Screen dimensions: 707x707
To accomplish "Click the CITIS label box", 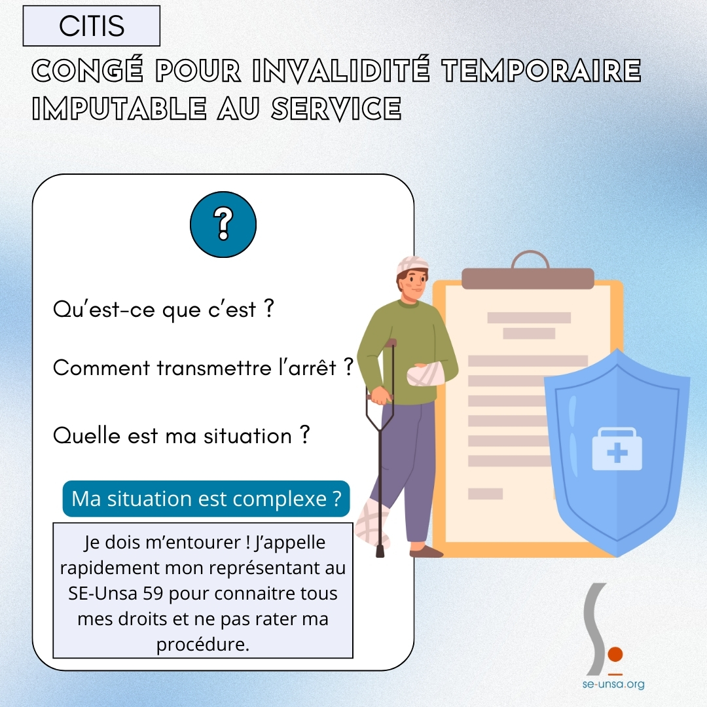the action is click(x=92, y=26).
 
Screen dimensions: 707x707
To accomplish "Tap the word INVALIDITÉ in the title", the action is click(x=341, y=70).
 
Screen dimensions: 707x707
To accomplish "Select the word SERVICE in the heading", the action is click(x=336, y=109).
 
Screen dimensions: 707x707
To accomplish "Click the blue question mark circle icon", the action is click(x=223, y=225).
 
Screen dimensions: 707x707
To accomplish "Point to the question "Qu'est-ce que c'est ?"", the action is click(x=163, y=310).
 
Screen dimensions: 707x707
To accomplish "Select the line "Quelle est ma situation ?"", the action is click(x=181, y=435).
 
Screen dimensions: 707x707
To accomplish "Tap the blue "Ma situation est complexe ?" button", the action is click(x=206, y=499).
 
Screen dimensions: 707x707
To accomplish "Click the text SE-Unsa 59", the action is click(x=115, y=593).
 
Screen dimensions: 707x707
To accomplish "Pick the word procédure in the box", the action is click(x=202, y=645).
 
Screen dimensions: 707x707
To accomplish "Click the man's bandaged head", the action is click(x=412, y=265).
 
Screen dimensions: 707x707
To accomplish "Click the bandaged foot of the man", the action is click(x=372, y=523).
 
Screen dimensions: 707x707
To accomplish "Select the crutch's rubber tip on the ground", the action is click(x=380, y=552).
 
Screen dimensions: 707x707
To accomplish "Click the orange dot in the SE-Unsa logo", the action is click(x=615, y=654).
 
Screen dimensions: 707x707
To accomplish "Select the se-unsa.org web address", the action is click(x=613, y=684).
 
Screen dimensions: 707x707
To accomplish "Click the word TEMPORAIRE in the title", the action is click(x=541, y=70).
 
